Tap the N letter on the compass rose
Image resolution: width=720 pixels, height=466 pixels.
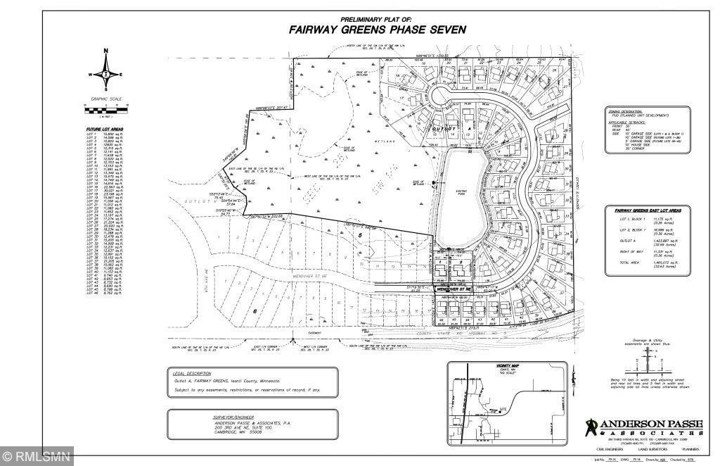tap(105, 51)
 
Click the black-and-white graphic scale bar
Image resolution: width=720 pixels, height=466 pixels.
tap(105, 111)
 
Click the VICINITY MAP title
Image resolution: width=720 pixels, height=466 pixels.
tap(503, 366)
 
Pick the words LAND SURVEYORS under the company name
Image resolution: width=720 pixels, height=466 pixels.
tap(641, 447)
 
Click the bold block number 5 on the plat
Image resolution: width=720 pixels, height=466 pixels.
tap(359, 234)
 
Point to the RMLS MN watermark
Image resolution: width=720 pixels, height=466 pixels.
tap(37, 457)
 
